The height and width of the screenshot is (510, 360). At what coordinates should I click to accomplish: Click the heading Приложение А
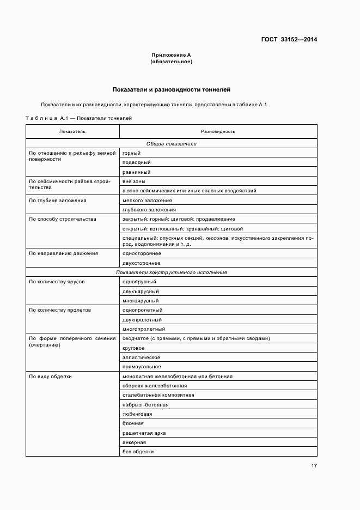171,55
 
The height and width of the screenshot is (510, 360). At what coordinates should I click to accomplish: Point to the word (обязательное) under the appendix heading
171,62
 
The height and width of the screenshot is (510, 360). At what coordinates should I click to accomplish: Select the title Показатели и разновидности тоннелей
172,89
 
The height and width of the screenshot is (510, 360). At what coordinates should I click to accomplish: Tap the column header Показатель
72,131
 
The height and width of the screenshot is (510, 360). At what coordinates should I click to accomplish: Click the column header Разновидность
218,131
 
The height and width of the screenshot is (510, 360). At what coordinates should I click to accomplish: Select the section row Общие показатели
171,144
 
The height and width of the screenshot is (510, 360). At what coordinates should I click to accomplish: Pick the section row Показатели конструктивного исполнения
171,272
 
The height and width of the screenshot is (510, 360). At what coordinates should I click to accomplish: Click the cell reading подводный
137,162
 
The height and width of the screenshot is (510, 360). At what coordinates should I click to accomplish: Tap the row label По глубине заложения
58,201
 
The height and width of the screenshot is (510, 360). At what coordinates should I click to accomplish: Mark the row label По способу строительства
63,219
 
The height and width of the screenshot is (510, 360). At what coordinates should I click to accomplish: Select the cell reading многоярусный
141,300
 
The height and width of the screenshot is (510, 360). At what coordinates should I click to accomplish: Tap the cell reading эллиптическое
141,357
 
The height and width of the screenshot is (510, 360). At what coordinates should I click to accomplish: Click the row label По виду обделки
50,377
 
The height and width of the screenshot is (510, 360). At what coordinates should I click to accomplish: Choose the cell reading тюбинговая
137,414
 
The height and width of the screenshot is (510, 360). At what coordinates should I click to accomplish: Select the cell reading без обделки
138,452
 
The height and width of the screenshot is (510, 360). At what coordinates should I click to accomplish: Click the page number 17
314,466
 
